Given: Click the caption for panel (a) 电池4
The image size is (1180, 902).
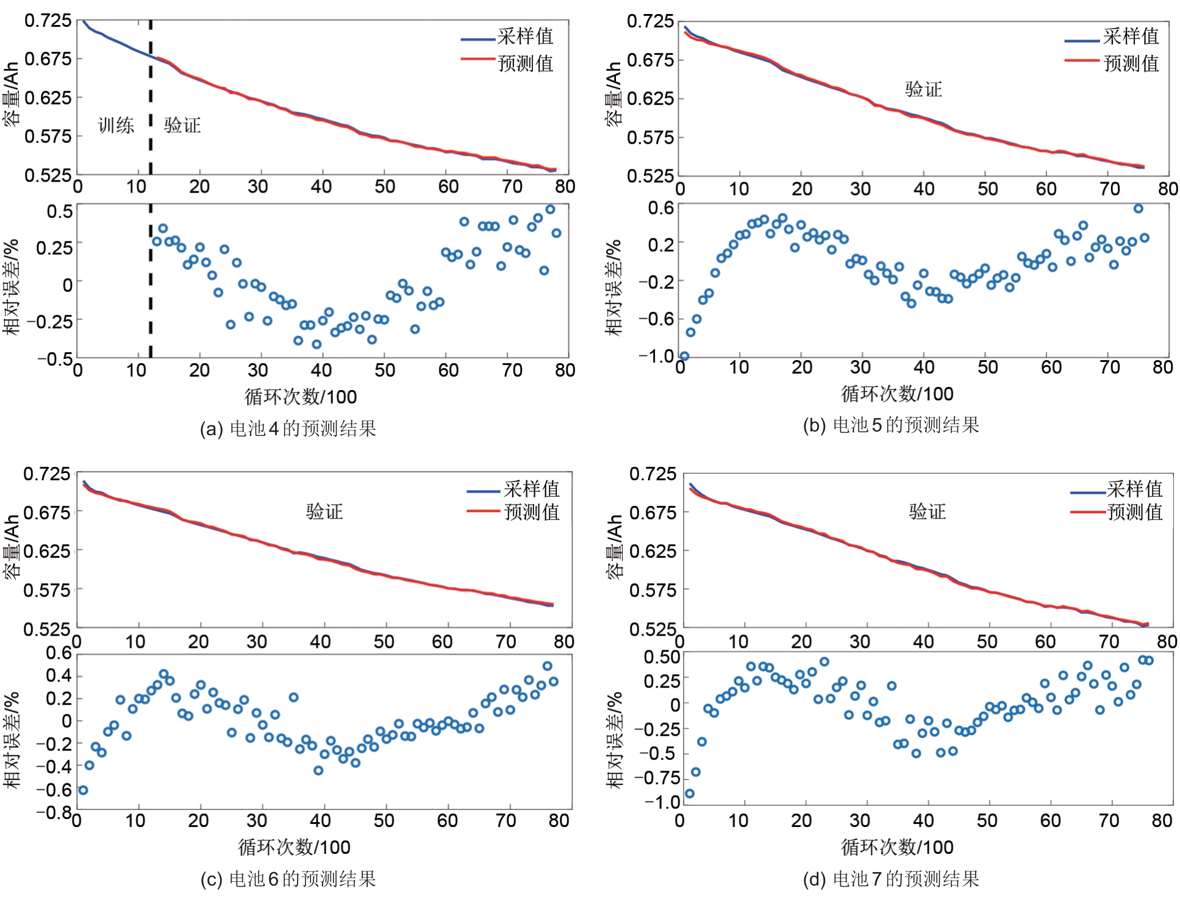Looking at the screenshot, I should [288, 428].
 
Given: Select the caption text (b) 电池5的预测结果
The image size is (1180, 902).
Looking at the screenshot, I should [891, 425].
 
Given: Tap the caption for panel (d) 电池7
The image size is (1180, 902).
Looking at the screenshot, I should [891, 878].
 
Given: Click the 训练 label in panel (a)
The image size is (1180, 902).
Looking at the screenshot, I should [116, 126].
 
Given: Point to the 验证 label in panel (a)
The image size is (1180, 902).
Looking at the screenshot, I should [182, 126].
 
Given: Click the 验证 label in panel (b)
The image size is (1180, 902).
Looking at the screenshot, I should [923, 90].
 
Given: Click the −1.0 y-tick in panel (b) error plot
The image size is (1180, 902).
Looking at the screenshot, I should [656, 355].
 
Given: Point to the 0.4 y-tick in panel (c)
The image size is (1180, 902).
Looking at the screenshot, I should [59, 675].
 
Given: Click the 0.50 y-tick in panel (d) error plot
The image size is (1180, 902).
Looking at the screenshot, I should [662, 657].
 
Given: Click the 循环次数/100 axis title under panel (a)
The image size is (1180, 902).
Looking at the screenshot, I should [301, 397].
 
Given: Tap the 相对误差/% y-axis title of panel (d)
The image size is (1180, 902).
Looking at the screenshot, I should [615, 740].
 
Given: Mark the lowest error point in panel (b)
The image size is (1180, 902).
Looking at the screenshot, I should [684, 356].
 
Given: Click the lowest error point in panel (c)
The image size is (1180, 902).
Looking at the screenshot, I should [83, 790].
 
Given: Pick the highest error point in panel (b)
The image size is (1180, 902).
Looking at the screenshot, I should [1138, 208].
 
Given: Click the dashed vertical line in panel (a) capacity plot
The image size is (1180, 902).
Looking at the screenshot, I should [151, 98].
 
